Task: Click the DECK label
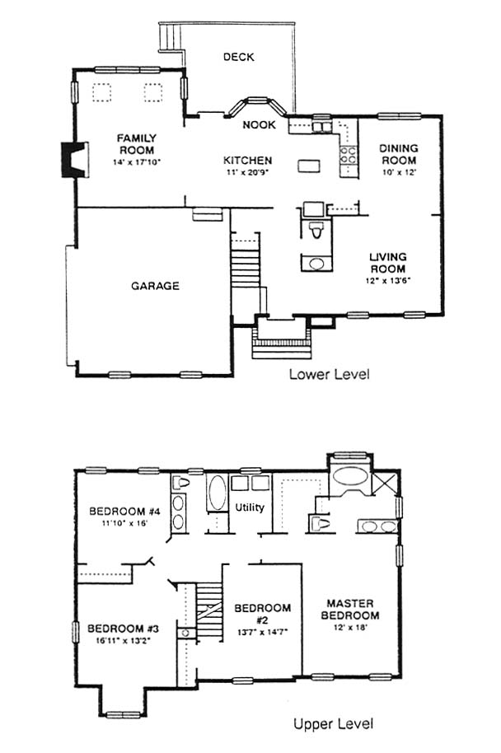pos(239,57)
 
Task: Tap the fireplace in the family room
pos(74,160)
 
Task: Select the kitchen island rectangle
pos(309,166)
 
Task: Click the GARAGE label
pos(155,286)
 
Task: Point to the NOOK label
pos(259,125)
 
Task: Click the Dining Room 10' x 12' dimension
pos(399,172)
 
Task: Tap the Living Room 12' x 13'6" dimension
pos(388,280)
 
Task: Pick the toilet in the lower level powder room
pos(316,230)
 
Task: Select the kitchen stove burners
pos(349,155)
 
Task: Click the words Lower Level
pos(329,374)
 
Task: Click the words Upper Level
pos(334,723)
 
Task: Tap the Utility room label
pos(250,507)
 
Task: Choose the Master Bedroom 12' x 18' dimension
pos(349,628)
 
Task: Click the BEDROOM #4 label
pos(124,511)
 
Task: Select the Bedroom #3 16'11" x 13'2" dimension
pos(124,640)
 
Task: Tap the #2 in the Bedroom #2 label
pos(263,620)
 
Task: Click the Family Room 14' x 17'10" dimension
pos(137,162)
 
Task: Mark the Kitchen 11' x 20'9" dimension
pos(247,172)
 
